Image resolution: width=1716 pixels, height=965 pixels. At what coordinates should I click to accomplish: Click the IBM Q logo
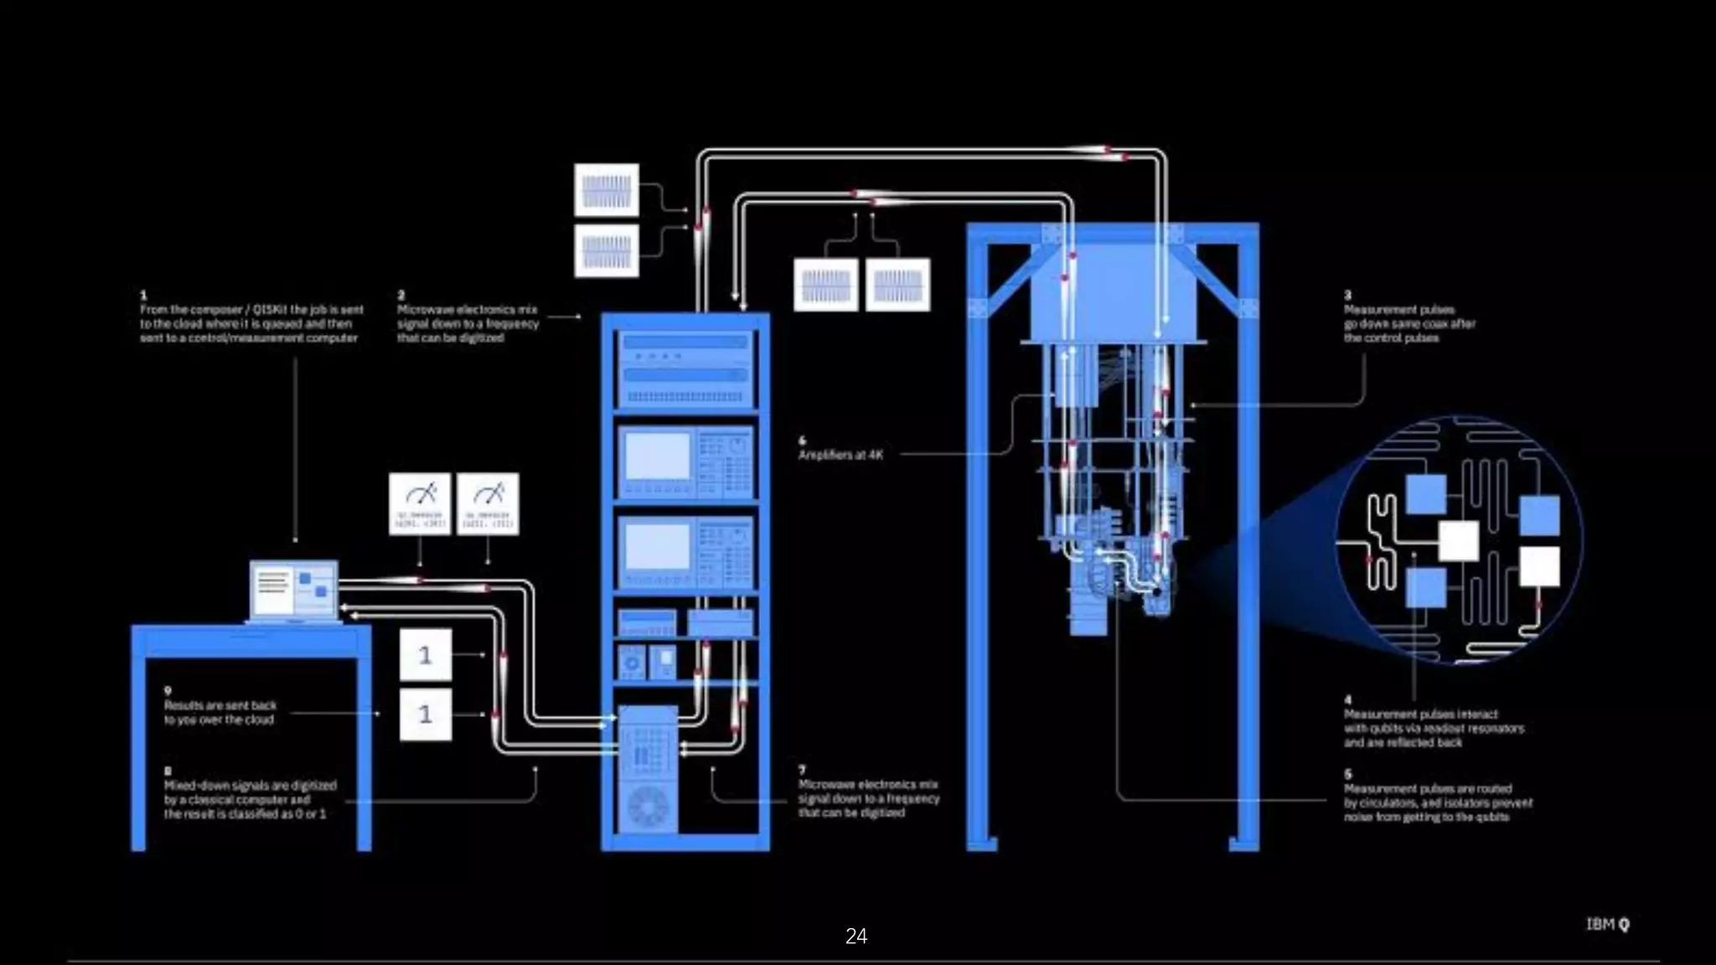click(1607, 924)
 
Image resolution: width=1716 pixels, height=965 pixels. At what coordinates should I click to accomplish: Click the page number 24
click(855, 937)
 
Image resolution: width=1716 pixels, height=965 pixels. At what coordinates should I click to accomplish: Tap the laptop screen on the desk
click(293, 590)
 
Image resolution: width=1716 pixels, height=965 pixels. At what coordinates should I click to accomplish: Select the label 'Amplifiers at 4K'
click(840, 455)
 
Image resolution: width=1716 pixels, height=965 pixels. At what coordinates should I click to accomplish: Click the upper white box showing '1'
click(426, 654)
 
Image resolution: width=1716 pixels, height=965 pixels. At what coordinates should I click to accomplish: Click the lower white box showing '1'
click(426, 715)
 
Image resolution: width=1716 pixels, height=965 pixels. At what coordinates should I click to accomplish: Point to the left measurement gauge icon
click(420, 503)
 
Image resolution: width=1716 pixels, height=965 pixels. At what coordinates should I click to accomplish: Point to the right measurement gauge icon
click(488, 503)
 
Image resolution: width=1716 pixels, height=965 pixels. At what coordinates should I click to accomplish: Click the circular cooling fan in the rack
click(649, 806)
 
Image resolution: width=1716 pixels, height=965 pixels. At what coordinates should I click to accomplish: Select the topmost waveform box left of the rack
click(607, 190)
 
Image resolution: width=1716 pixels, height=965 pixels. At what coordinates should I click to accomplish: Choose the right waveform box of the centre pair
click(897, 285)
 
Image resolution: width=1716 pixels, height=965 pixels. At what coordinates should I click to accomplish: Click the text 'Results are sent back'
click(220, 705)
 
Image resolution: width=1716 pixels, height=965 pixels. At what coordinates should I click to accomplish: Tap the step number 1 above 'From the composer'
click(143, 295)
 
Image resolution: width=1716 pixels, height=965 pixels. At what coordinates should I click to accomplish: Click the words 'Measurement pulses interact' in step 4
click(1421, 715)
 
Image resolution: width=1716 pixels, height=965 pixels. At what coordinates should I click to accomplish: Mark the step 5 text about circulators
click(1438, 802)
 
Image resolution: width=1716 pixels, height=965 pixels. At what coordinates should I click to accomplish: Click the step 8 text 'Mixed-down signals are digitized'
click(250, 786)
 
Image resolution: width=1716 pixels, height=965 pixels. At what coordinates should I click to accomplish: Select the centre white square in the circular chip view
click(1458, 541)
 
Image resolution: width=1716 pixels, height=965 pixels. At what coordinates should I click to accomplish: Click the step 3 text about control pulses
click(1409, 323)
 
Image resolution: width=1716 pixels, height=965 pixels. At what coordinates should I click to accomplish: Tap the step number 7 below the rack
click(802, 769)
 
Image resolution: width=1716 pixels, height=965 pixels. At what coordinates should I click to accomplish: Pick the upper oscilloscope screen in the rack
click(658, 457)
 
